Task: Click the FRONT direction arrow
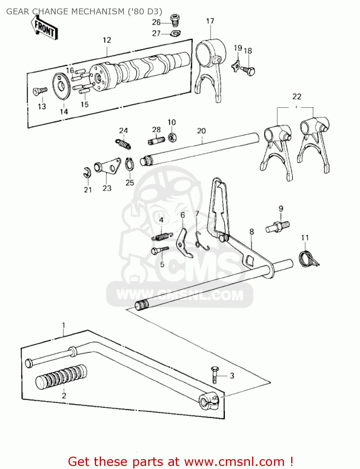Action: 45,28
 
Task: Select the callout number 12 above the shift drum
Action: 107,40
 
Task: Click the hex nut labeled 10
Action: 172,137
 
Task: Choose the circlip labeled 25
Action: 129,164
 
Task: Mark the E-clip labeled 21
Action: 87,173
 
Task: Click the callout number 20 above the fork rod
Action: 201,131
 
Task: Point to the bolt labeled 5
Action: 160,250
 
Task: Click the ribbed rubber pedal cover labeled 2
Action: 61,377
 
